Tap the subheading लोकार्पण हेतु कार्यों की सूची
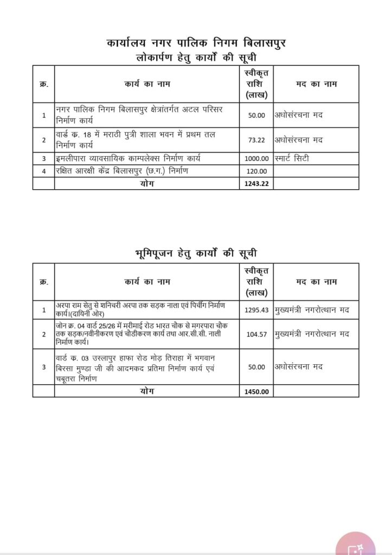[x=196, y=57]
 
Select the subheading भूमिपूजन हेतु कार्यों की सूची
[x=196, y=253]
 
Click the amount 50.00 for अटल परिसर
[x=256, y=115]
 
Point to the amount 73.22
[x=256, y=140]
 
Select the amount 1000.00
[x=256, y=159]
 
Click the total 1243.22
[x=256, y=183]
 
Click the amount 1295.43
[x=256, y=309]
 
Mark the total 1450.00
[x=256, y=391]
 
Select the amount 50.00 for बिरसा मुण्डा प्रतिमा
[x=256, y=367]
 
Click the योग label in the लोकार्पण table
[x=146, y=183]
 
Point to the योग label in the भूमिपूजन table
[x=146, y=390]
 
